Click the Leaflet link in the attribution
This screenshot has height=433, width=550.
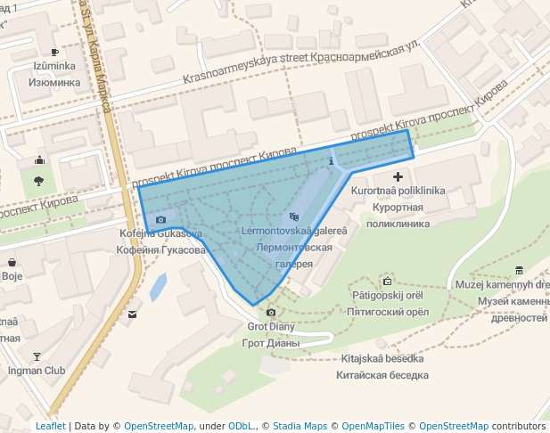(51, 426)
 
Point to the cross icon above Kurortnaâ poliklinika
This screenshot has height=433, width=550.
(398, 178)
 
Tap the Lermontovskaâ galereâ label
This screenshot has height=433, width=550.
(294, 231)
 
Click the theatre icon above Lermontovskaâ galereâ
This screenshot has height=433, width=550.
(294, 216)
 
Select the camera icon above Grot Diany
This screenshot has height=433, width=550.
(271, 312)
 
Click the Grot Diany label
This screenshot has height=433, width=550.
(271, 326)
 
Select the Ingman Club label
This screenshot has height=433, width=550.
(36, 370)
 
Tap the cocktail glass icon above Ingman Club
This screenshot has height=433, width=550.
(37, 355)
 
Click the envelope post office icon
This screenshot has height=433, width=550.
(133, 314)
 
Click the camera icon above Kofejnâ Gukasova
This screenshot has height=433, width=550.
(160, 219)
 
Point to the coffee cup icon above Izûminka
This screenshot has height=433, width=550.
(54, 52)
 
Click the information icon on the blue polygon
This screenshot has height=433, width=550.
(332, 162)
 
